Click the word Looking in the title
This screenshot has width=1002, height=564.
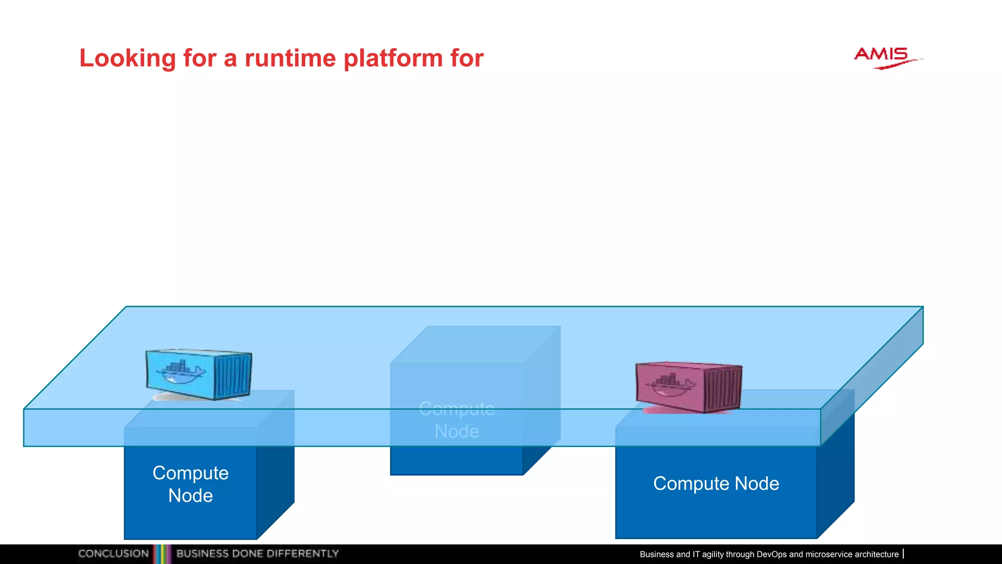(x=127, y=59)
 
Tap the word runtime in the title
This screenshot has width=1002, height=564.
(x=290, y=59)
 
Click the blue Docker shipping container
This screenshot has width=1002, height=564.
(x=198, y=374)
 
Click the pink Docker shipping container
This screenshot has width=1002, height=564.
(x=688, y=387)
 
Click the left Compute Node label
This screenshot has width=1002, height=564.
(x=190, y=484)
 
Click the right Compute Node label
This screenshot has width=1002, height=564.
(x=716, y=484)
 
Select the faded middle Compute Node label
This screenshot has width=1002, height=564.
(x=456, y=420)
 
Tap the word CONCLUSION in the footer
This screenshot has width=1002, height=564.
(x=113, y=554)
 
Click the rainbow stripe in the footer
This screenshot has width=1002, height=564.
(x=162, y=554)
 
